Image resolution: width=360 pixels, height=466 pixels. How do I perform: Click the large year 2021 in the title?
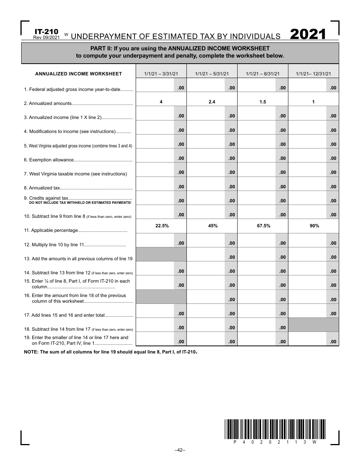click(308, 34)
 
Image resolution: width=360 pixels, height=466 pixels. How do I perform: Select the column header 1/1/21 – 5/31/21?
click(212, 74)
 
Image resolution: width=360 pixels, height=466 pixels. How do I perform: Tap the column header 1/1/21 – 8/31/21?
click(263, 74)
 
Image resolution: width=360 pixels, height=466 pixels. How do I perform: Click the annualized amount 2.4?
click(212, 102)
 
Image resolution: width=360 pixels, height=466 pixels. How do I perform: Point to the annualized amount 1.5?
click(263, 102)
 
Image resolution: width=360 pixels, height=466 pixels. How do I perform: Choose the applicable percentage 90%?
click(314, 226)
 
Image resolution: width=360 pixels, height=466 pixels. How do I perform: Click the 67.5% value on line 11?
click(263, 226)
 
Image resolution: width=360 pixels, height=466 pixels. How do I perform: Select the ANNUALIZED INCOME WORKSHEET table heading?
click(78, 74)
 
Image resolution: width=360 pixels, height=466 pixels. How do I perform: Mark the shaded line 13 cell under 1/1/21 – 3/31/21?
click(161, 254)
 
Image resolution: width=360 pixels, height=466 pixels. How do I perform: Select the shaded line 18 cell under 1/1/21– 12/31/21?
click(313, 325)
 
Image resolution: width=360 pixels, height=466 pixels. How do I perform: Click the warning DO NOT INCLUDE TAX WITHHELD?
click(80, 203)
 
